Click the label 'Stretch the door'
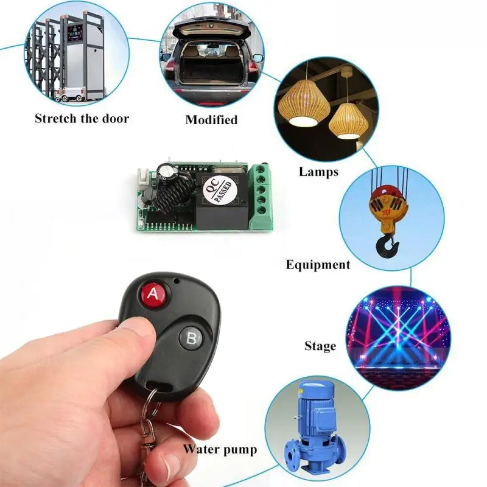[82, 118]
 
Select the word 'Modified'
[211, 119]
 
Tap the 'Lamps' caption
[318, 172]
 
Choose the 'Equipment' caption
[318, 265]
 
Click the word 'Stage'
[320, 346]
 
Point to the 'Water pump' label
[220, 450]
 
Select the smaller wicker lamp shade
[348, 120]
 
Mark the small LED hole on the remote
[175, 281]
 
